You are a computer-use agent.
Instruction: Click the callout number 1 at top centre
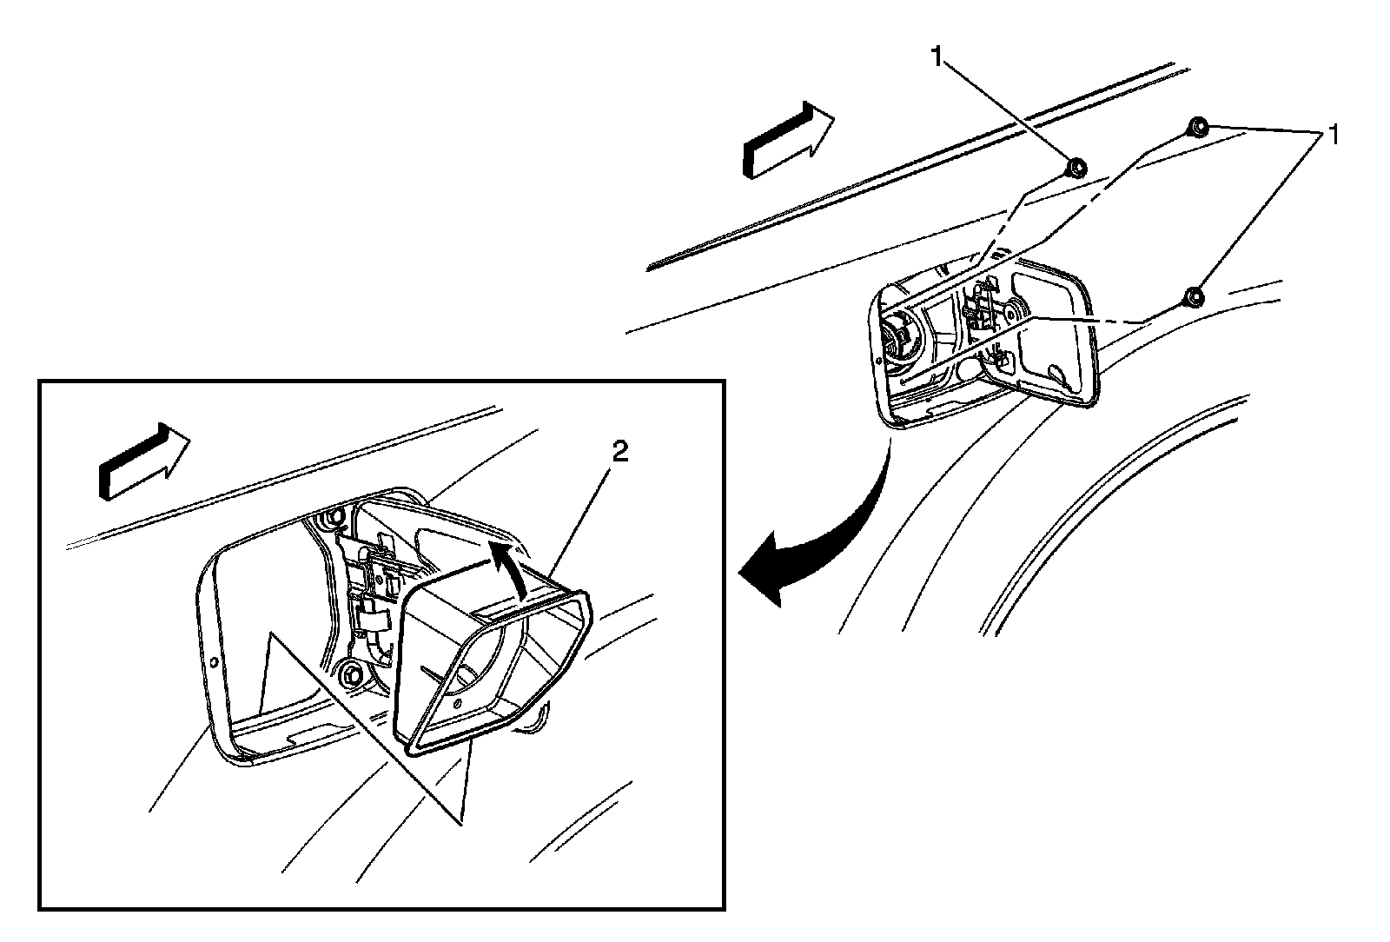click(937, 57)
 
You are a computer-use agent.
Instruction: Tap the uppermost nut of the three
click(1196, 126)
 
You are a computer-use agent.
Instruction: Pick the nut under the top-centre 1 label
click(1075, 167)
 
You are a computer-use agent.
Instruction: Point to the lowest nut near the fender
click(1195, 298)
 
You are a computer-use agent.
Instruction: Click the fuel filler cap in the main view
click(894, 340)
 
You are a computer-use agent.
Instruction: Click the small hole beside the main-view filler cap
click(906, 380)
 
